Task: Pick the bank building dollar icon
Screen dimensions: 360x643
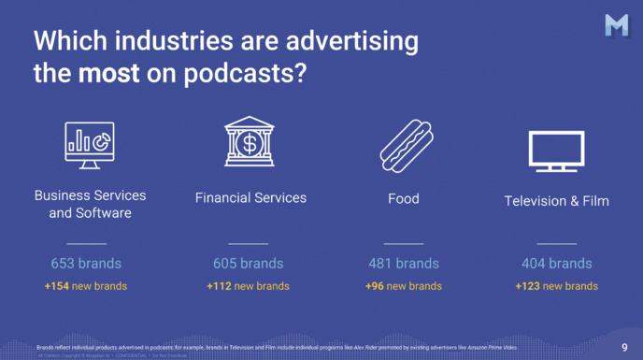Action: (x=250, y=143)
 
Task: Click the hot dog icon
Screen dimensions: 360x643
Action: (x=406, y=144)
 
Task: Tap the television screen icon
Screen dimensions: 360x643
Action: (x=556, y=151)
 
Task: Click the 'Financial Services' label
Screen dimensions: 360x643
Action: (x=250, y=198)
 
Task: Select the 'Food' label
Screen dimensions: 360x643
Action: (x=404, y=198)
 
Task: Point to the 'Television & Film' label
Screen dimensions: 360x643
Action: (x=556, y=201)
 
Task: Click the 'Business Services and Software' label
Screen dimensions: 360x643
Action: (x=90, y=204)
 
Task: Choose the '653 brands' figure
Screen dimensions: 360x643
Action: (x=86, y=264)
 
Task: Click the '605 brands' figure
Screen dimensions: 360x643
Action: (x=248, y=264)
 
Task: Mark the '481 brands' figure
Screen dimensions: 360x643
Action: (x=403, y=264)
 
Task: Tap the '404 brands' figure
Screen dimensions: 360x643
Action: (x=556, y=264)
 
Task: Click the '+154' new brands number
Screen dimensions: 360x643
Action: (x=59, y=286)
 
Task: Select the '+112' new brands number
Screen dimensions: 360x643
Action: (x=221, y=286)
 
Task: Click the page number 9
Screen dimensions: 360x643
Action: (x=625, y=348)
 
